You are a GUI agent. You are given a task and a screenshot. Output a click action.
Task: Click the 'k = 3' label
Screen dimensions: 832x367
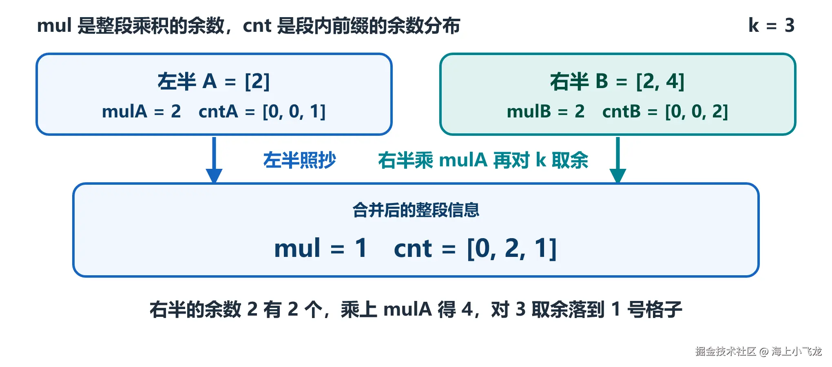771,25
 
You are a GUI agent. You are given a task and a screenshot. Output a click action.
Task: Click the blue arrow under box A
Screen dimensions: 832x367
214,160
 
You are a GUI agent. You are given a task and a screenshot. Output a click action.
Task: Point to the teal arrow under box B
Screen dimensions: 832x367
618,160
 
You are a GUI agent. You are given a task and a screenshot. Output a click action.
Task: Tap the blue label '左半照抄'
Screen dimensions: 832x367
299,160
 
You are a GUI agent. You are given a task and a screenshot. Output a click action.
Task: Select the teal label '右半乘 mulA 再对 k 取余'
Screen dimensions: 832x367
483,160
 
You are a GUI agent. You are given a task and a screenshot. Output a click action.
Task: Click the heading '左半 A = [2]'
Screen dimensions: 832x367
214,81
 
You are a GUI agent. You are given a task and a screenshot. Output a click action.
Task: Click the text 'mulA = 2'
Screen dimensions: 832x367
141,111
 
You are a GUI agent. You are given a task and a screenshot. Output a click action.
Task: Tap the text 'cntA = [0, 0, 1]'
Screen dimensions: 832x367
262,111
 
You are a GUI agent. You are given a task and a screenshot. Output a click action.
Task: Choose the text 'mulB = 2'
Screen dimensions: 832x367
546,111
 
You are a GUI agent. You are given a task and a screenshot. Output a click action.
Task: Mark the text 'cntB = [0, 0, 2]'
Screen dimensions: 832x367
665,111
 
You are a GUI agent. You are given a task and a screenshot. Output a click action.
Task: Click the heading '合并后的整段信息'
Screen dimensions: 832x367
416,210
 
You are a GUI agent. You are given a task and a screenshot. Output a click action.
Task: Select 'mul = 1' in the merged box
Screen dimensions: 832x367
321,248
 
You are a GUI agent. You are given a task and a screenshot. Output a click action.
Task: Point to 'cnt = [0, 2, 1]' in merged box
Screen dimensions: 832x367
475,248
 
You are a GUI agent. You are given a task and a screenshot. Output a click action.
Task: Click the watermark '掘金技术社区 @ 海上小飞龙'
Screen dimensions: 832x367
759,351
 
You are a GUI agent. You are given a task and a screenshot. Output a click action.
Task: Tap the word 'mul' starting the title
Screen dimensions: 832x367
54,25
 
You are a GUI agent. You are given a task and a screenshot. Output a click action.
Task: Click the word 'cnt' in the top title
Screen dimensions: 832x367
257,26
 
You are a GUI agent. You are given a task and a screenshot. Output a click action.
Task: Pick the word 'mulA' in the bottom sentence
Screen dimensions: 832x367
407,309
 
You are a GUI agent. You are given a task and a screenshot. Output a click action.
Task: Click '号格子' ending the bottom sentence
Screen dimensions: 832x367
655,310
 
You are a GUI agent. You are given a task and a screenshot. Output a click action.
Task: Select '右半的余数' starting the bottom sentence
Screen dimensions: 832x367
195,310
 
